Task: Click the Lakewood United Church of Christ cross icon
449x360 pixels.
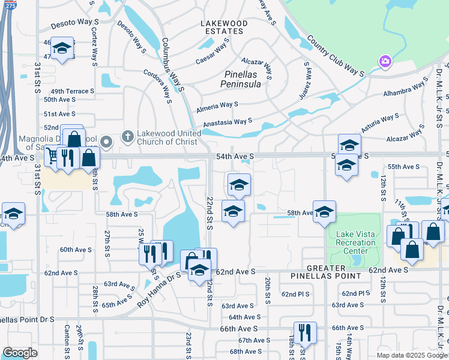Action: tap(127, 137)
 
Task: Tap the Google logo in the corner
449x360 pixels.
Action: tap(19, 353)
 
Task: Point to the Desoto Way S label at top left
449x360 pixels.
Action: tap(74, 22)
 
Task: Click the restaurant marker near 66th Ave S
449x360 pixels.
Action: tap(305, 332)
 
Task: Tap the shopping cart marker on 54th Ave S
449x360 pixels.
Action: tap(53, 157)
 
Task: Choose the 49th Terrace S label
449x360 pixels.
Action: tap(69, 91)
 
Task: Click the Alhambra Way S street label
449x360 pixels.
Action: tap(406, 91)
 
